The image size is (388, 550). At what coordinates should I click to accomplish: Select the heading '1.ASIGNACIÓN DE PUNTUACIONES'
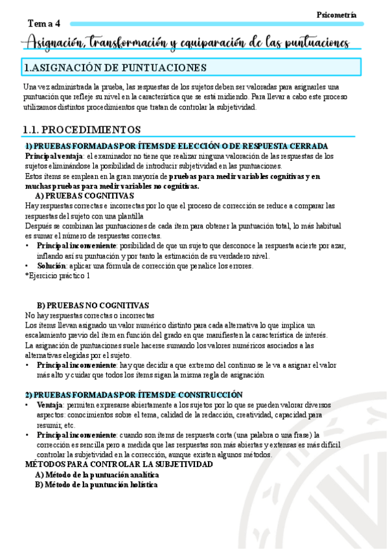click(115, 67)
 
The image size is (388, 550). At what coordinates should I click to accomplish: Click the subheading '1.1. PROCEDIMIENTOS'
click(82, 129)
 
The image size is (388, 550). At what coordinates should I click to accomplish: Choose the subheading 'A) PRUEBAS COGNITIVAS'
click(84, 195)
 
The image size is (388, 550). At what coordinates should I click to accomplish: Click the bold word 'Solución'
click(51, 266)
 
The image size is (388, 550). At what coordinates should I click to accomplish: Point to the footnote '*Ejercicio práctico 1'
click(58, 276)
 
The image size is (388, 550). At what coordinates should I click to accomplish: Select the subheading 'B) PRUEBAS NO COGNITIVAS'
click(93, 305)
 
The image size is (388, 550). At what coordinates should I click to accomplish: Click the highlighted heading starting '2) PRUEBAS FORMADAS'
click(134, 394)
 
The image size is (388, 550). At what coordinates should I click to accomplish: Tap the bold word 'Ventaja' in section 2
click(49, 405)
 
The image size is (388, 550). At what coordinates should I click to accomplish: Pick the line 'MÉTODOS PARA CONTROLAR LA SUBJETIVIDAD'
click(119, 464)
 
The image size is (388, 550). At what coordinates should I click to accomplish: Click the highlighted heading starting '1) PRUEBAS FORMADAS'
click(176, 146)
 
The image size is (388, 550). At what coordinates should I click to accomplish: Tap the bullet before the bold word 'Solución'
click(27, 266)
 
